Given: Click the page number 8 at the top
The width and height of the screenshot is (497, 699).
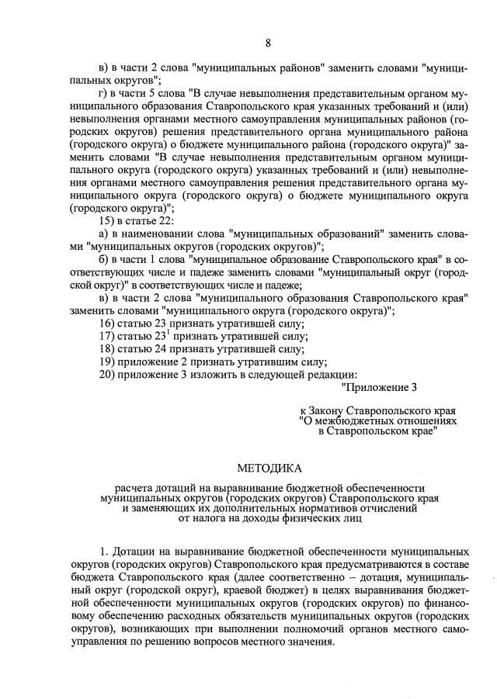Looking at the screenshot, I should (268, 43).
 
